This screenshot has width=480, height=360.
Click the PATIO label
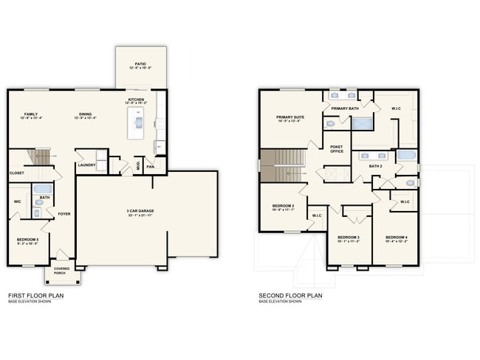tap(140, 65)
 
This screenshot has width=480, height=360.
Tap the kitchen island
tap(137, 123)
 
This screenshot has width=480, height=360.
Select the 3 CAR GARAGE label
tap(139, 212)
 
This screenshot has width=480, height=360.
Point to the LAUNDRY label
tap(86, 165)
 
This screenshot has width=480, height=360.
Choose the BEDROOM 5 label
tap(28, 240)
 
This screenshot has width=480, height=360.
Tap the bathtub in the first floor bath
tap(44, 189)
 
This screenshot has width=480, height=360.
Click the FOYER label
tap(64, 214)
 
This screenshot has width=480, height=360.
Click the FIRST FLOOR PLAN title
tap(35, 295)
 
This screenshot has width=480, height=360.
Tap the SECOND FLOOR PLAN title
tap(290, 295)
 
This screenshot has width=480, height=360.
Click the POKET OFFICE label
tap(336, 149)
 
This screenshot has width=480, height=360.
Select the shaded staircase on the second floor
tap(281, 165)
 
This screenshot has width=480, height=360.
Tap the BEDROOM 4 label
tap(396, 238)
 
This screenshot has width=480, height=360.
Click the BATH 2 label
tap(375, 167)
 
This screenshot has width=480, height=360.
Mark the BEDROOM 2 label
tap(283, 207)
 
